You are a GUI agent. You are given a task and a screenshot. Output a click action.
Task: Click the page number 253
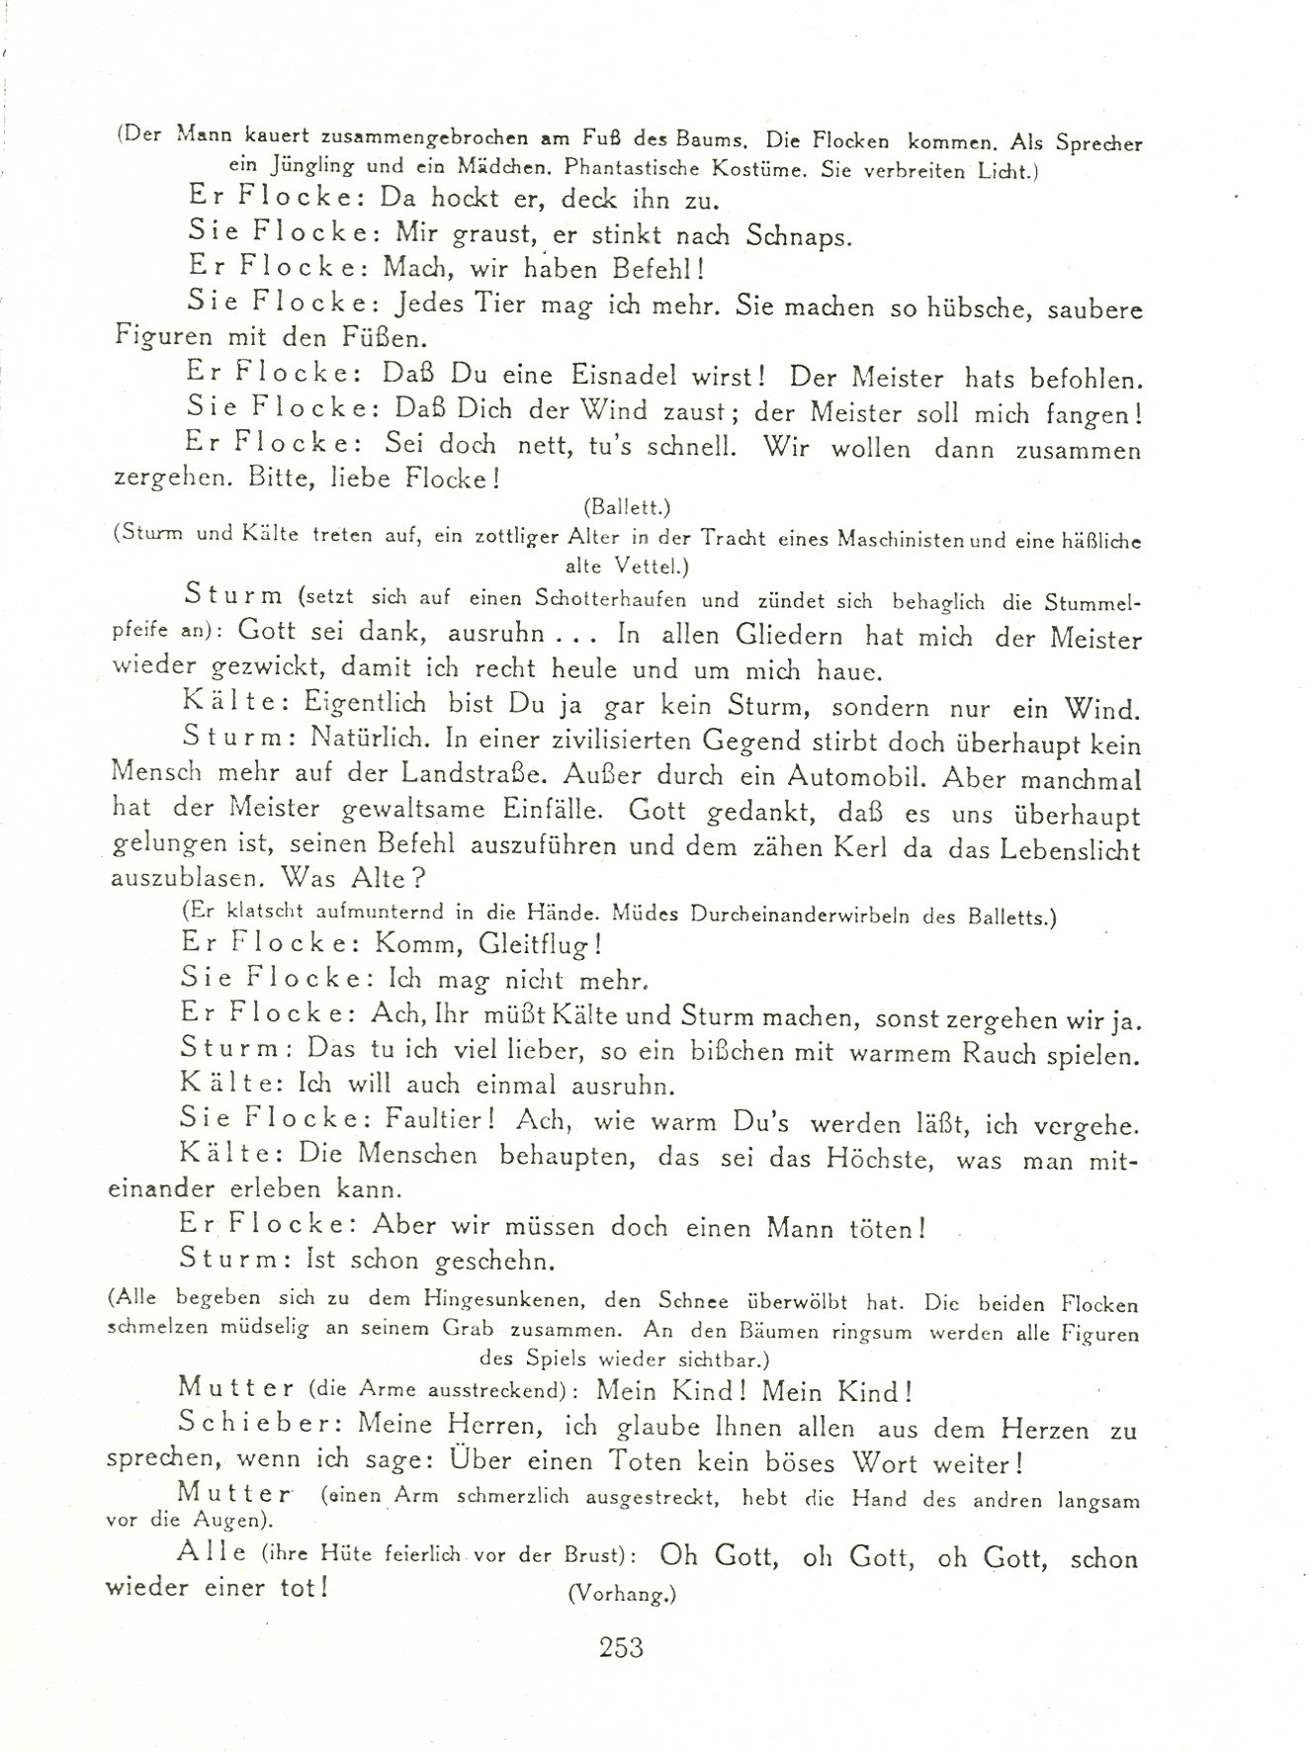620,1646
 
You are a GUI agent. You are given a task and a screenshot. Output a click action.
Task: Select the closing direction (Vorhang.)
621,1593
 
